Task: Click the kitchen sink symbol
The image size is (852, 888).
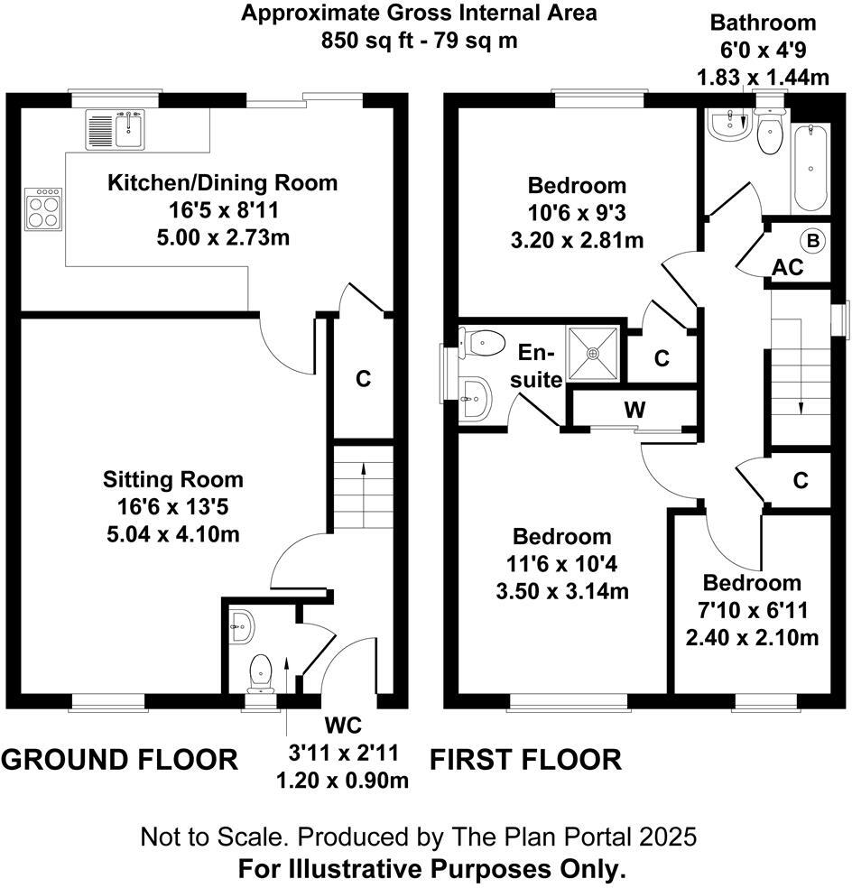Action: click(x=116, y=129)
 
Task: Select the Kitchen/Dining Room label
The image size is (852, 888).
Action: click(x=222, y=183)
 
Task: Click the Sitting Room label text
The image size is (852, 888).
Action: click(x=172, y=479)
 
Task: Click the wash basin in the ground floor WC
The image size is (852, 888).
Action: click(x=241, y=624)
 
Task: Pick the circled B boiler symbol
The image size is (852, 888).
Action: click(x=812, y=241)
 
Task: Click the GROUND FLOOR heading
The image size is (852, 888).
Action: click(x=119, y=760)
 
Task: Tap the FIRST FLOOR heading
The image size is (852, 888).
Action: click(x=525, y=760)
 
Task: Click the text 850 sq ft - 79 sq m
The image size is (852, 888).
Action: click(x=420, y=42)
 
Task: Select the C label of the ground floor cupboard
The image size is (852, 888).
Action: click(x=363, y=379)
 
